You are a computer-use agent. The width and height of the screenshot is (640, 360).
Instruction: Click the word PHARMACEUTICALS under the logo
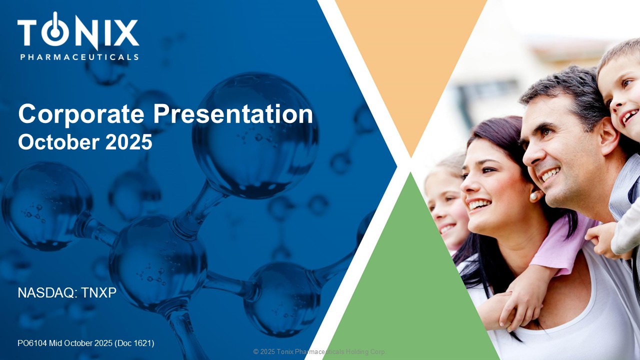(79, 57)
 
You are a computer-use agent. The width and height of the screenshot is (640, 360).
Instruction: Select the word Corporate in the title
(81, 114)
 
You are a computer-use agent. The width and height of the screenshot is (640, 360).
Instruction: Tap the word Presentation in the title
(233, 114)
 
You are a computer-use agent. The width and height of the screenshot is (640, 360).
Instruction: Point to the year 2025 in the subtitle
(128, 142)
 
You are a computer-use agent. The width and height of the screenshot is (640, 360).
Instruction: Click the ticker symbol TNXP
(98, 293)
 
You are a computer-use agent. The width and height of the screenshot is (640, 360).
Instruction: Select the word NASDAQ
(45, 293)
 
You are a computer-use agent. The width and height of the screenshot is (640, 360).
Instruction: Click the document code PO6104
(32, 343)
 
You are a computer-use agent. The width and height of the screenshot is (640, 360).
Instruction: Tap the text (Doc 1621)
(134, 343)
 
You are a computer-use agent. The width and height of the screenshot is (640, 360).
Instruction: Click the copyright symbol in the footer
(256, 351)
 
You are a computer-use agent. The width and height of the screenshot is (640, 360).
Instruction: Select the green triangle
(411, 285)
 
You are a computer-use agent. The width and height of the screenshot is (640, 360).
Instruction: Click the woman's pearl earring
(533, 196)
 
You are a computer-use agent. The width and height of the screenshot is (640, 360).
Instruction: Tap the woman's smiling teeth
(479, 204)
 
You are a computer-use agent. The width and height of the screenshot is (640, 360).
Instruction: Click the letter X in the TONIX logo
(124, 33)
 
